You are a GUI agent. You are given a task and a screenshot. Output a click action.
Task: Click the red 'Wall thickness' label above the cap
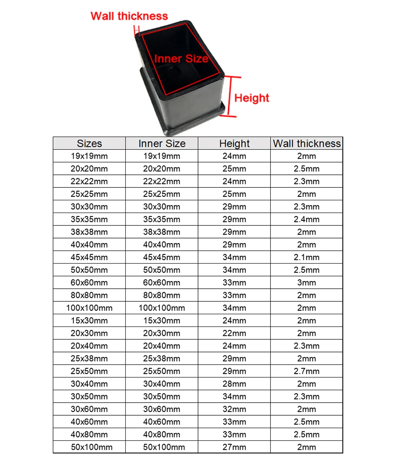(x=129, y=16)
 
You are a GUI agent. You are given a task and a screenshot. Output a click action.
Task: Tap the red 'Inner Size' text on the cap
(x=180, y=59)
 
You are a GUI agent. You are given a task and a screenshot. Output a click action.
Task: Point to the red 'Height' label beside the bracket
(x=252, y=97)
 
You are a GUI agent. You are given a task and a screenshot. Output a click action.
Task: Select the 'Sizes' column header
(x=89, y=143)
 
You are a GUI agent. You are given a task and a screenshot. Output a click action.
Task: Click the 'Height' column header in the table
(x=234, y=143)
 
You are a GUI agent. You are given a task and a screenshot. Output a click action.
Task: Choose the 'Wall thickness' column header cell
(x=307, y=143)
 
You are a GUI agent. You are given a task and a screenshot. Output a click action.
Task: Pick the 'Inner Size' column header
(x=162, y=143)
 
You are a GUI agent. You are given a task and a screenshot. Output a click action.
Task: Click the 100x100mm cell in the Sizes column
(x=89, y=308)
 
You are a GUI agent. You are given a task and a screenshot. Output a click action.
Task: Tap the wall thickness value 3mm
(x=307, y=283)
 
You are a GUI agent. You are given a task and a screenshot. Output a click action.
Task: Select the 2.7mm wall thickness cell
(x=307, y=371)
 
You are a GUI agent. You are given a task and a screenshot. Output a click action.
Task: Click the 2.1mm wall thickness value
(x=307, y=257)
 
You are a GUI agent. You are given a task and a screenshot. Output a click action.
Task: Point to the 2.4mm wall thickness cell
(x=307, y=219)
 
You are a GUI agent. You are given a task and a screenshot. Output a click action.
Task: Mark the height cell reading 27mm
(x=234, y=447)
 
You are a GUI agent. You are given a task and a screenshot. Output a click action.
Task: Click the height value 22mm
(x=234, y=334)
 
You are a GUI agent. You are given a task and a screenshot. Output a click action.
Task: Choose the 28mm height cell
(x=234, y=384)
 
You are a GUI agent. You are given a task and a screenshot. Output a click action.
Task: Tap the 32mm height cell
(x=234, y=409)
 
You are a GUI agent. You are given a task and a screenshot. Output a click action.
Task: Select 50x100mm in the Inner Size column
(x=162, y=447)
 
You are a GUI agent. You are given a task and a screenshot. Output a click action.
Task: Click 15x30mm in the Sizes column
(x=89, y=321)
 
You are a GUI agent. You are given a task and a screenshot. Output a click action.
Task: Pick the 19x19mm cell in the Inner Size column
(x=162, y=156)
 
